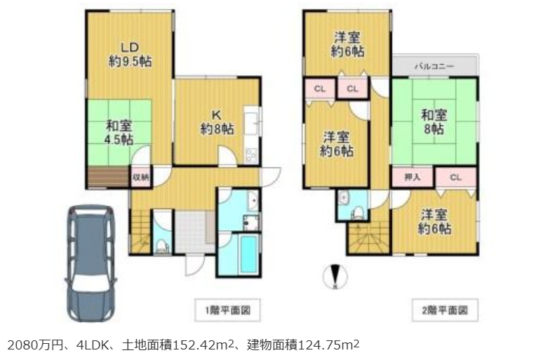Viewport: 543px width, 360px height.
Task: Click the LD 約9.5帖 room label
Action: click(x=130, y=55)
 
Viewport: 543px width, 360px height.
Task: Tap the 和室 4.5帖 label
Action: click(x=119, y=133)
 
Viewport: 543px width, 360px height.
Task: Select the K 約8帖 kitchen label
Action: click(x=217, y=123)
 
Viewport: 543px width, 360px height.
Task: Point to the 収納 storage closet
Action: click(x=140, y=178)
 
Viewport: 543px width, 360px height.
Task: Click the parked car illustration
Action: click(x=91, y=263)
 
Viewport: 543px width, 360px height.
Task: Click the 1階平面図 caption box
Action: click(x=227, y=309)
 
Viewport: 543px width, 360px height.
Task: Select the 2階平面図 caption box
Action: click(x=445, y=309)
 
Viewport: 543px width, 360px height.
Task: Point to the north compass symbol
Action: click(x=335, y=277)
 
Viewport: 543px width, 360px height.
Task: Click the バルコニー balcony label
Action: click(x=434, y=66)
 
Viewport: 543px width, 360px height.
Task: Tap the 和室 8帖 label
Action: click(x=434, y=121)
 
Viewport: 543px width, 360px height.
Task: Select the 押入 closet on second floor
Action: click(x=413, y=177)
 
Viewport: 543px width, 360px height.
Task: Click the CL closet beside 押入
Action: click(x=456, y=178)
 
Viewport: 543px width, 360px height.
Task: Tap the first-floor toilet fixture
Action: click(x=161, y=246)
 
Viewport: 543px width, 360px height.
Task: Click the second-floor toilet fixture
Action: click(x=356, y=213)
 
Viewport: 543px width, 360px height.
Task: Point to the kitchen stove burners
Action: click(x=250, y=156)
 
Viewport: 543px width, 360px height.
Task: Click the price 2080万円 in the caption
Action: click(x=35, y=345)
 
